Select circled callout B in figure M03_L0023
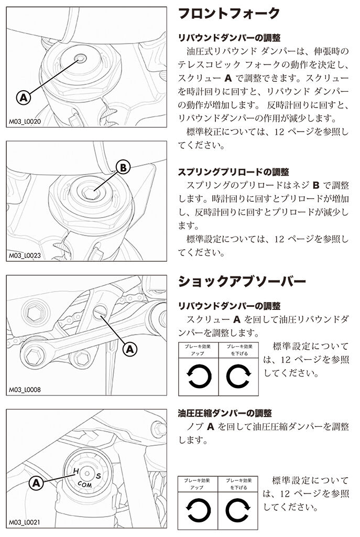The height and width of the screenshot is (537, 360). click(121, 168)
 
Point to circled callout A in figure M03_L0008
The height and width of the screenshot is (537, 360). click(129, 347)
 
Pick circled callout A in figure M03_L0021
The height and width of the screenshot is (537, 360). click(37, 481)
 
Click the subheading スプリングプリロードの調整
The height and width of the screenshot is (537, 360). click(234, 172)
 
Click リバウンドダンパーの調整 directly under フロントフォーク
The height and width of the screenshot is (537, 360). click(229, 38)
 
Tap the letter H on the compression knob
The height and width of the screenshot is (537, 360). click(76, 471)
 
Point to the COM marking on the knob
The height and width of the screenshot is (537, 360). click(85, 483)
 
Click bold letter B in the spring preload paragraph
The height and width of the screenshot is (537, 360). click(315, 185)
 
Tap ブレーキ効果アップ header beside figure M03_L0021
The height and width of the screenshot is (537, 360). click(199, 484)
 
